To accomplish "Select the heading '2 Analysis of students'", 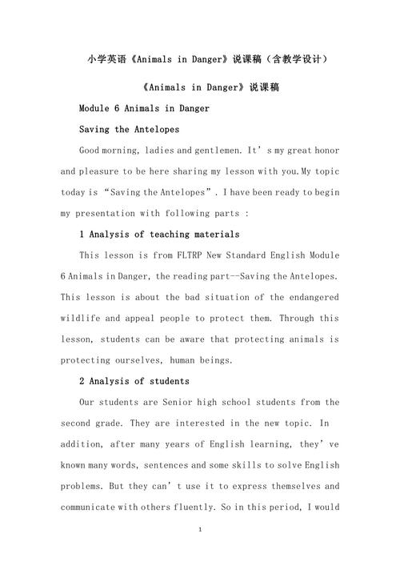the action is tap(134, 380).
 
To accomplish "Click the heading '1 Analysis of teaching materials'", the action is tap(159, 234).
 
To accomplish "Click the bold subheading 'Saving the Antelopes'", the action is tap(129, 129).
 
